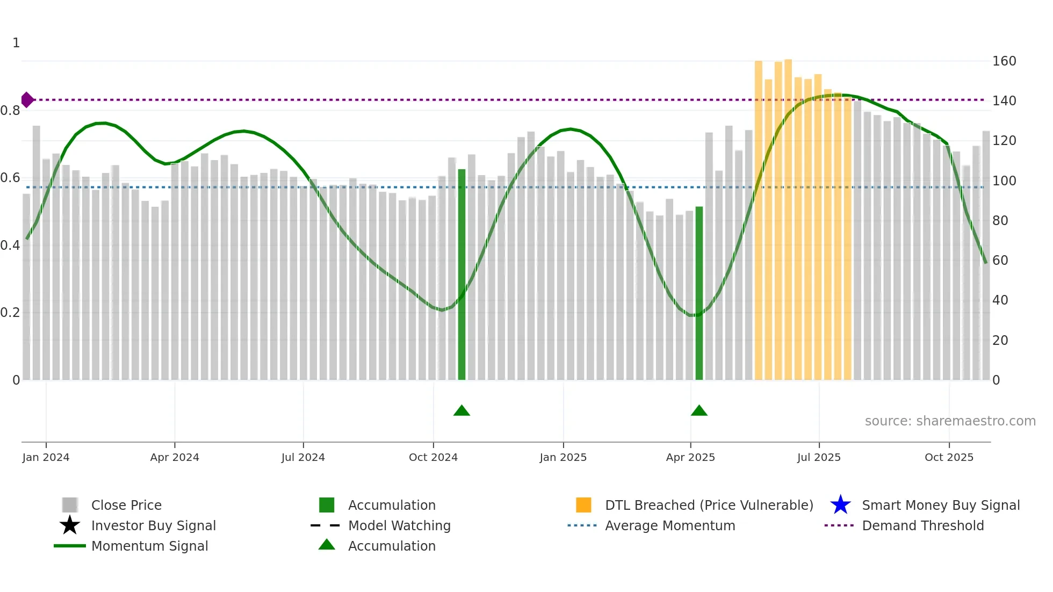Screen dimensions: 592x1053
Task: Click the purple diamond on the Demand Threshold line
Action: [27, 100]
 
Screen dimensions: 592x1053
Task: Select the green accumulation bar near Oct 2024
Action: [461, 274]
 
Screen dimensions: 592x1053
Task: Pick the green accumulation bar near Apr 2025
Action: [699, 293]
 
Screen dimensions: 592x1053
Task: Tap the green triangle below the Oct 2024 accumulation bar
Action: [461, 411]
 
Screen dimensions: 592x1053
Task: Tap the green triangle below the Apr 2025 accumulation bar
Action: [699, 411]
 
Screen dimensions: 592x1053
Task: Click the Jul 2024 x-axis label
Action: [303, 457]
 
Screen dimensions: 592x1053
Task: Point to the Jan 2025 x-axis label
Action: [563, 457]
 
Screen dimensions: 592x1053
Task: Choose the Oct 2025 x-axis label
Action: [949, 457]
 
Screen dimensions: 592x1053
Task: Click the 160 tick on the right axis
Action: [1004, 61]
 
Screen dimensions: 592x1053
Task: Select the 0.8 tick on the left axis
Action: [10, 111]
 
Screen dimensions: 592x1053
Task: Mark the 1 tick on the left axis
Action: [16, 43]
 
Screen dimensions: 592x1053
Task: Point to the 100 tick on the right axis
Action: [1004, 181]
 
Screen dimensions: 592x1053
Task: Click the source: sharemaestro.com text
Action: [950, 421]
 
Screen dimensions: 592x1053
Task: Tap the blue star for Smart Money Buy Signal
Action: [840, 505]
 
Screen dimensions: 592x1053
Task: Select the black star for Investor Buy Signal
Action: [70, 525]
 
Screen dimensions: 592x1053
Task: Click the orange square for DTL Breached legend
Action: [583, 505]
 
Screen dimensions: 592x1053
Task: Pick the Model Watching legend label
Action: [399, 525]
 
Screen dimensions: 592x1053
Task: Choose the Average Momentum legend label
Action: [670, 525]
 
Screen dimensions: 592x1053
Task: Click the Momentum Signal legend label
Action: [149, 546]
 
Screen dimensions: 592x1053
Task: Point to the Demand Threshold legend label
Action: [922, 525]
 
